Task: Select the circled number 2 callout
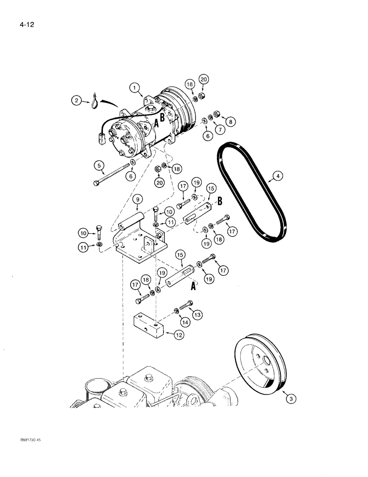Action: (76, 100)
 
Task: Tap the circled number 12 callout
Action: (178, 335)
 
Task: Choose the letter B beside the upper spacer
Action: (221, 202)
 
